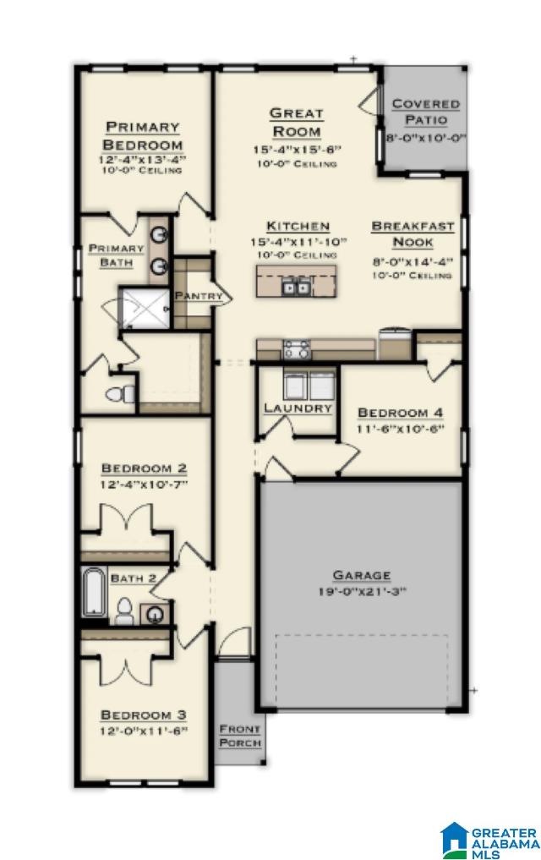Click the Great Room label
tap(296, 122)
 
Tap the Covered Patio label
tap(425, 112)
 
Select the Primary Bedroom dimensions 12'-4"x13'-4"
tap(142, 158)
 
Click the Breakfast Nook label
tap(413, 234)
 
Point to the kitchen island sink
tap(296, 288)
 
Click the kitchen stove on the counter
tap(296, 349)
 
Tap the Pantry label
tap(199, 296)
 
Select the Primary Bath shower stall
tap(144, 308)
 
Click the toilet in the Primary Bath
tap(120, 394)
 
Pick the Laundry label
tap(298, 408)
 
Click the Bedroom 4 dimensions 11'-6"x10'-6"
tap(400, 429)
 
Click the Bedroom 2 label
tap(144, 468)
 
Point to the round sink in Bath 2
tap(157, 614)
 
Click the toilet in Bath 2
tap(123, 611)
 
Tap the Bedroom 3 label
tap(142, 714)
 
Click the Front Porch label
tap(240, 736)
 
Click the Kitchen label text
tap(298, 226)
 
